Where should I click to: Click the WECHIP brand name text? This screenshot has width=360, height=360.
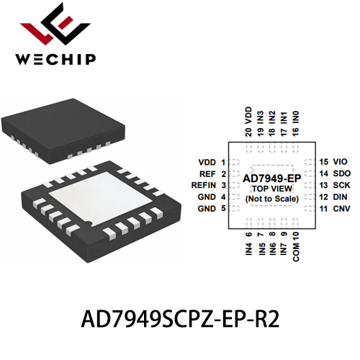[x=55, y=59]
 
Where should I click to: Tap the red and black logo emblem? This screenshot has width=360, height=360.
[x=56, y=24]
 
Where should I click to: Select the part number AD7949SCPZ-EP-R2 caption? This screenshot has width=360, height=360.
[x=180, y=320]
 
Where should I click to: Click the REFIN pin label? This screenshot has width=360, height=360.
[x=204, y=185]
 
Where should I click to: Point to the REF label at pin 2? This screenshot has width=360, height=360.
[x=207, y=174]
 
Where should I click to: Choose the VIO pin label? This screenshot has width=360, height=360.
[x=340, y=162]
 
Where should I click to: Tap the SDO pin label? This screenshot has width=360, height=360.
[x=342, y=174]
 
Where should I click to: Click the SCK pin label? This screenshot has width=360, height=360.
[x=341, y=185]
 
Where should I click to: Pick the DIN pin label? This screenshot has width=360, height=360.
[x=340, y=197]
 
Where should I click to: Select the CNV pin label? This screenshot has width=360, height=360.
[x=341, y=209]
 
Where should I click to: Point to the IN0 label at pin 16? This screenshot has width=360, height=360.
[x=296, y=117]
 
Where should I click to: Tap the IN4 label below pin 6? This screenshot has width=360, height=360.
[x=249, y=249]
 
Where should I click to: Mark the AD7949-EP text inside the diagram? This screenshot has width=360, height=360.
[x=272, y=179]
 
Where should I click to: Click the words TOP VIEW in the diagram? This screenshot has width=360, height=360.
[x=272, y=189]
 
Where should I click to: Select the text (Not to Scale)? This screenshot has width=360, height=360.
[x=272, y=199]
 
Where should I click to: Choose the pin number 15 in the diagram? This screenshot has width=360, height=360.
[x=323, y=162]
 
